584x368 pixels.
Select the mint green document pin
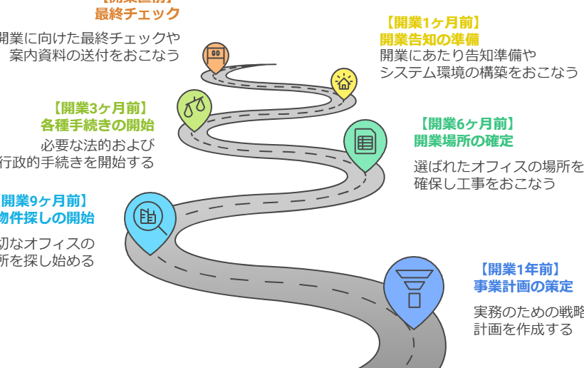pos(365,142)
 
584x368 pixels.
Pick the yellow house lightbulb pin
pos(344,81)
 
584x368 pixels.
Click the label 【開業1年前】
pos(519,269)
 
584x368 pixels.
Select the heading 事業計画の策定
pos(523,286)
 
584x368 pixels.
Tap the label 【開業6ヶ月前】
pos(466,123)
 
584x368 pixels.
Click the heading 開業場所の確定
pos(464,140)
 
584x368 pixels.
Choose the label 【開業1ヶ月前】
pos(432,22)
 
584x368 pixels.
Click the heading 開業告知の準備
pos(429,39)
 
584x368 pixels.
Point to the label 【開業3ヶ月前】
pos(100,108)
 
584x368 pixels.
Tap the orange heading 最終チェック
pos(137,14)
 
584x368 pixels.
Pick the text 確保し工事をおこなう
pos(484,184)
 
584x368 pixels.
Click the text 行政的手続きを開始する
pos(76,162)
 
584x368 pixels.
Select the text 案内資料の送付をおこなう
pos(95,55)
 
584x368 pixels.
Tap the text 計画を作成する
pos(523,329)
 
